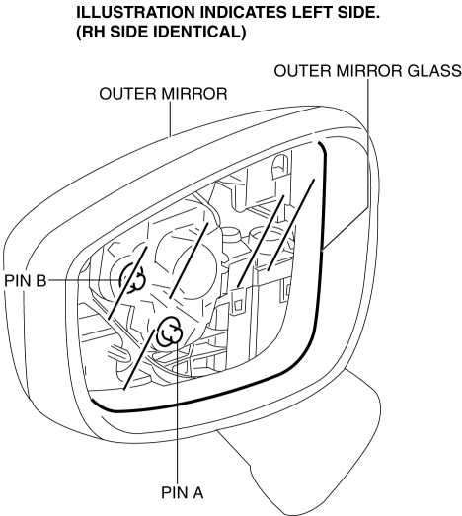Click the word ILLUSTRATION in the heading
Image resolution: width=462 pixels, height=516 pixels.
tap(135, 12)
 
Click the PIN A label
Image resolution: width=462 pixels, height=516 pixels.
tap(182, 493)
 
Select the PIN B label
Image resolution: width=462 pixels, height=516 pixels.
tap(26, 281)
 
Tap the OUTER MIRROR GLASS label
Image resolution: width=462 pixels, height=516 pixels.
tap(368, 71)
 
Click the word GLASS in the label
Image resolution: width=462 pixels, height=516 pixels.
tap(434, 71)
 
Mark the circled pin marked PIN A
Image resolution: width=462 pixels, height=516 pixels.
tap(169, 332)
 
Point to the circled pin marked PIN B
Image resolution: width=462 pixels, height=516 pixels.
tap(132, 279)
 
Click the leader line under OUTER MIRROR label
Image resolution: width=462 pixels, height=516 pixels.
tap(170, 119)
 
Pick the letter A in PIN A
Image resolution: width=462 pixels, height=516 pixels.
tap(197, 493)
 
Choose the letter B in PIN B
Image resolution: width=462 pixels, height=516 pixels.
tap(41, 281)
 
